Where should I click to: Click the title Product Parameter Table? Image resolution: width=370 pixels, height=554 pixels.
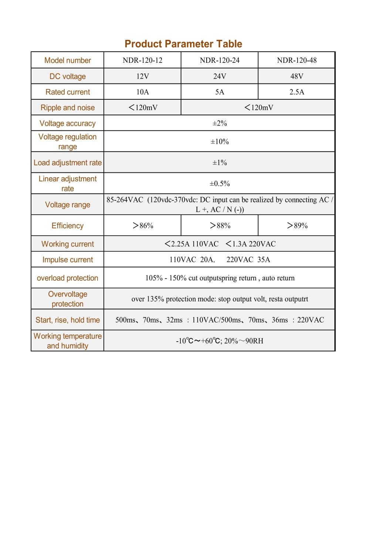tap(183, 44)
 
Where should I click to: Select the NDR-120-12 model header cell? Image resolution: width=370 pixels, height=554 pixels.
tap(142, 60)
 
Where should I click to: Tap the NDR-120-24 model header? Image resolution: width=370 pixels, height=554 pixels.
tap(220, 60)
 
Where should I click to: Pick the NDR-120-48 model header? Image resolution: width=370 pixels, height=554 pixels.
tap(296, 60)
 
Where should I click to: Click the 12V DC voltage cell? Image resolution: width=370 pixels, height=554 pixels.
tap(142, 76)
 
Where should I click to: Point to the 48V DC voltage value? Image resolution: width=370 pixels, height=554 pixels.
tap(296, 76)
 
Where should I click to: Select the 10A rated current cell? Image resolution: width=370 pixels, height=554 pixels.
tap(142, 92)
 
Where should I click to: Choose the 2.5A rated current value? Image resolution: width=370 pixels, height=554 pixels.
tap(296, 92)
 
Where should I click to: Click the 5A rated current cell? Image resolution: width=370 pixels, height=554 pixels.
tap(220, 92)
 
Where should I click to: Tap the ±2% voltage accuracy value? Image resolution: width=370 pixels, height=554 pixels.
tap(220, 123)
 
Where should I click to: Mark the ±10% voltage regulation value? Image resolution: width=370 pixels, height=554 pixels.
tap(220, 141)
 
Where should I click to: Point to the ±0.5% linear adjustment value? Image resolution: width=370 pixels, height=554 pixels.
tap(220, 184)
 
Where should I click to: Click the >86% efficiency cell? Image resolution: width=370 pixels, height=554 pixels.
tap(143, 226)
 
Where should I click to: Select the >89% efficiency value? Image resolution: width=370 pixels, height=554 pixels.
tap(297, 226)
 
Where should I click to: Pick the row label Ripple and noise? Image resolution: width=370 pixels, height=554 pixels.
tap(68, 107)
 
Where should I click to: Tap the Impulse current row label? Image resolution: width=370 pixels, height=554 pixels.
tap(68, 260)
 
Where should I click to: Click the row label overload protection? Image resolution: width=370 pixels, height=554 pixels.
tap(68, 278)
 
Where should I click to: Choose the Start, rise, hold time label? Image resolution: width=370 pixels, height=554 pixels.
tap(68, 320)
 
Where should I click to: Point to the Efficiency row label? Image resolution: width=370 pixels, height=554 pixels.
tap(68, 226)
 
